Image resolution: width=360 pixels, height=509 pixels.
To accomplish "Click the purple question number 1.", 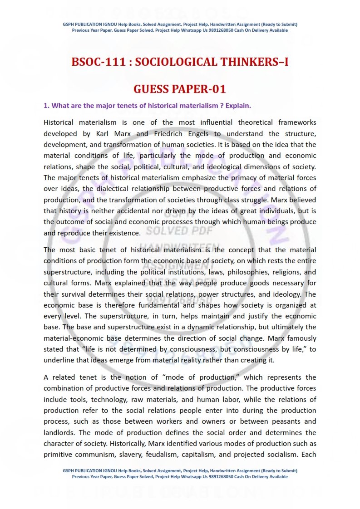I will click(x=46, y=106).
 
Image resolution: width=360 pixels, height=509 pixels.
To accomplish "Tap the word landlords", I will click(x=59, y=433).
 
